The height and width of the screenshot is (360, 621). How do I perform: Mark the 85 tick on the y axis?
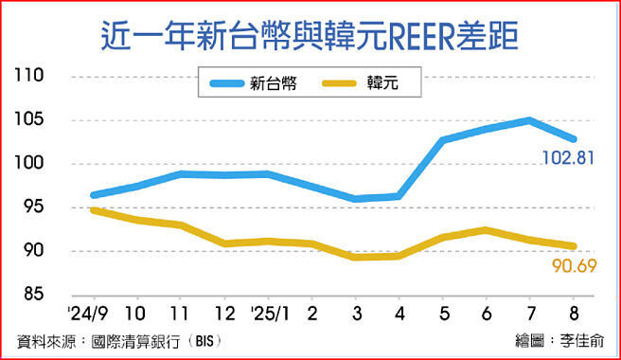tap(34, 296)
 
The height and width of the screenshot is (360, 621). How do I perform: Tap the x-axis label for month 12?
tap(224, 314)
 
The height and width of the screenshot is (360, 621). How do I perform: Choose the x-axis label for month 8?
tap(572, 314)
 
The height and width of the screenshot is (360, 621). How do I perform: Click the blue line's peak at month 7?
tap(528, 120)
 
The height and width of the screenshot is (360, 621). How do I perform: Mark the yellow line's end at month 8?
tap(572, 246)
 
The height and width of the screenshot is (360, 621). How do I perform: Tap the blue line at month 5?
tap(442, 140)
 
